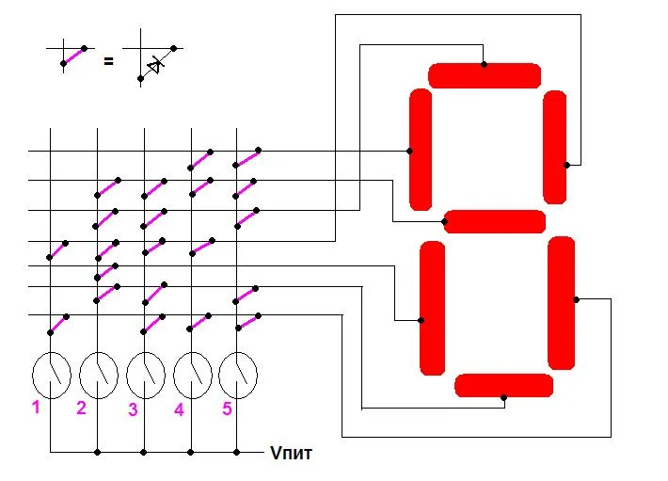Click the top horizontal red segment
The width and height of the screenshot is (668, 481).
485,75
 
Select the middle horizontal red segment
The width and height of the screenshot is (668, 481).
494,221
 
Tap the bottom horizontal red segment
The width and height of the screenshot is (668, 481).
503,385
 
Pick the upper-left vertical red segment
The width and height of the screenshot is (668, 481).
421,150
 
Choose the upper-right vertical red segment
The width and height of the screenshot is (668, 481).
555,147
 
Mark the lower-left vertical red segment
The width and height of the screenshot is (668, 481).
432,308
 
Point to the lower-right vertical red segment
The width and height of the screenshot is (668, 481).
562,303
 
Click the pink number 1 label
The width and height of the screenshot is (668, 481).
36,408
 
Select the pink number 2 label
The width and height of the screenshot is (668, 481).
82,408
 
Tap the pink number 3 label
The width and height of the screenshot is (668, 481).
133,409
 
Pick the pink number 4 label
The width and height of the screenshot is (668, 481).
179,410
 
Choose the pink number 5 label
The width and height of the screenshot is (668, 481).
227,408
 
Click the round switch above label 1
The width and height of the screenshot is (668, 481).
52,375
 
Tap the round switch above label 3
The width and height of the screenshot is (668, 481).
145,375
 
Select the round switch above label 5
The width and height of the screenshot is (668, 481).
238,375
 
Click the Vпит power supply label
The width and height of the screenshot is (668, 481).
292,454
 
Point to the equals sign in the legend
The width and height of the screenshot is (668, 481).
108,61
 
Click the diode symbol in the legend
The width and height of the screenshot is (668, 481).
156,63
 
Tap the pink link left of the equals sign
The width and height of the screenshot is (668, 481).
73,56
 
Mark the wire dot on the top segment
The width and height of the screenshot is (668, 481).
485,64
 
